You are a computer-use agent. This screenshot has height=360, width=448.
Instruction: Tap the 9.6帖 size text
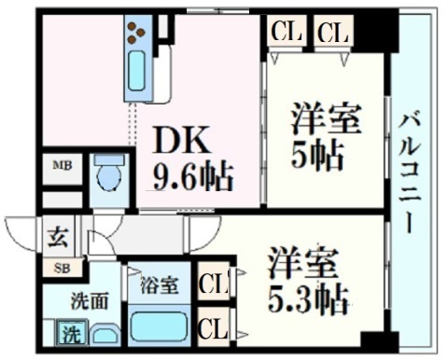[x=193, y=174]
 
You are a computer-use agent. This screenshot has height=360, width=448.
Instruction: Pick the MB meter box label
[x=62, y=167]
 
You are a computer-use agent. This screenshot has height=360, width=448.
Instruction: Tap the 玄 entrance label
[x=57, y=235]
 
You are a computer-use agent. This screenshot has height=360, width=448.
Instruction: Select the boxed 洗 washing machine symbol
[x=70, y=331]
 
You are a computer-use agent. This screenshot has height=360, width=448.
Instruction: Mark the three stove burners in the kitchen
[x=138, y=34]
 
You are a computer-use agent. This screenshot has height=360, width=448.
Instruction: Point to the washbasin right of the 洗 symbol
[x=102, y=334]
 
